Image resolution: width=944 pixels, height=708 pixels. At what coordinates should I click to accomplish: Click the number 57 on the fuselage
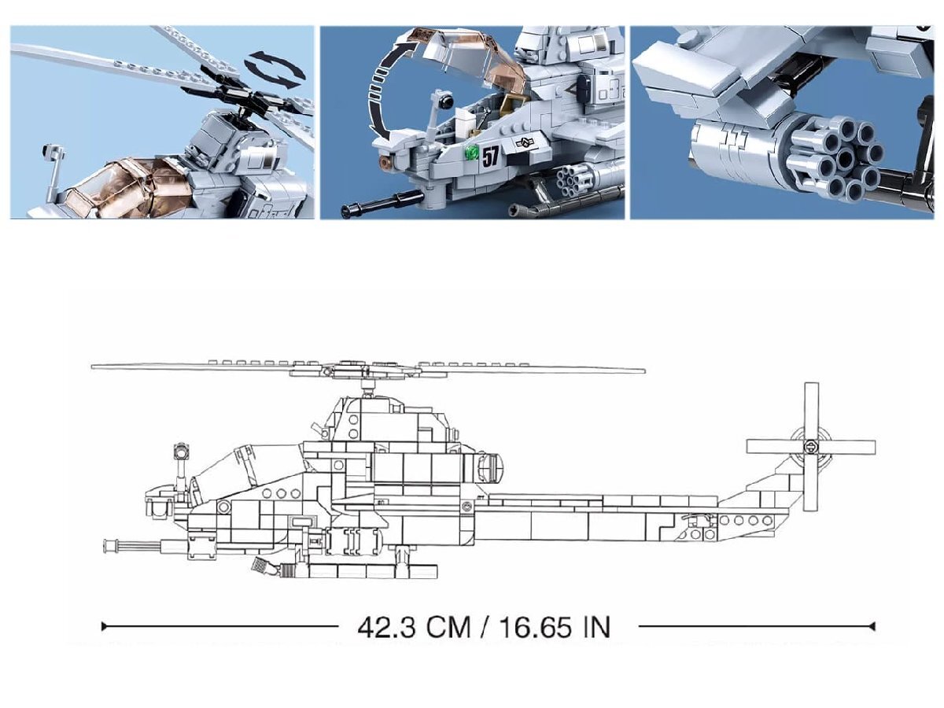point(490,156)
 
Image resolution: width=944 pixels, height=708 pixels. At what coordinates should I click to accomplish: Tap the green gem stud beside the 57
point(473,152)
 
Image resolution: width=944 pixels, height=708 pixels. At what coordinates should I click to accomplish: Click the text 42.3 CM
point(414,628)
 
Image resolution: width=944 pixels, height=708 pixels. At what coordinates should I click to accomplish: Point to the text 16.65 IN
point(555,628)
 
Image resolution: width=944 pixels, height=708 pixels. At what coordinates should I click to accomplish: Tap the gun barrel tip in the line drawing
point(106,546)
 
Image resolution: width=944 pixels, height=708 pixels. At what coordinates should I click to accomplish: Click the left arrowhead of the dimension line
point(104,626)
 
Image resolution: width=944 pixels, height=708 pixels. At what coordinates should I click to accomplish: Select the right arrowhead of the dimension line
point(872,626)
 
